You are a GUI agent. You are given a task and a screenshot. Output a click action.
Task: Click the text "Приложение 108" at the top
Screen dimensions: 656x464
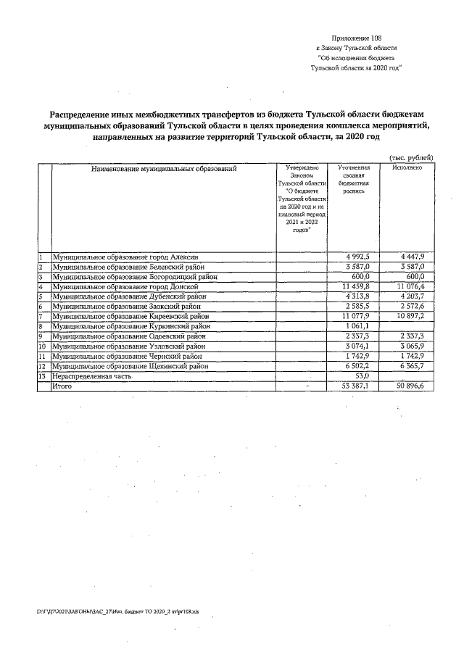click(355, 37)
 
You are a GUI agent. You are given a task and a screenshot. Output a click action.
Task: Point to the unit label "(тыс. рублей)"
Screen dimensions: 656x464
click(411, 157)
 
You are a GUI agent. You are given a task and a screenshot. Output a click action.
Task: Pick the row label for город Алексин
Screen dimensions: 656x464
click(120, 257)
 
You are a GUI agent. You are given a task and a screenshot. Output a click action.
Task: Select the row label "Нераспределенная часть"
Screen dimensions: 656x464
click(91, 377)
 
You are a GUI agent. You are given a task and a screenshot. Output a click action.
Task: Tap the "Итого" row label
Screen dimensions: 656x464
click(62, 387)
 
